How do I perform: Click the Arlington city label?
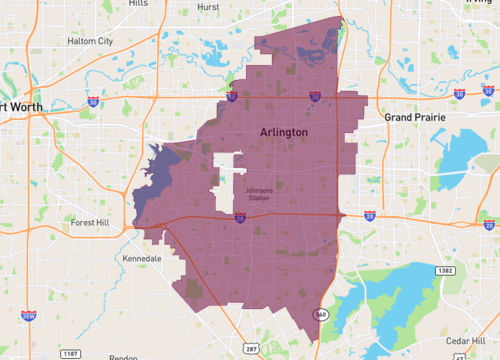(x=284, y=132)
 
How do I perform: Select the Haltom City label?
(x=90, y=41)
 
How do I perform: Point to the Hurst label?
(x=210, y=5)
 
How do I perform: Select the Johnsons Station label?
(x=258, y=193)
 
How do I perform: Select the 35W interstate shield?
(x=28, y=315)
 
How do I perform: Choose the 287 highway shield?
(x=250, y=349)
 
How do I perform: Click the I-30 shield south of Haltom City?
(x=93, y=101)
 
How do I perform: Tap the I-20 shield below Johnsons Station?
(x=240, y=217)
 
